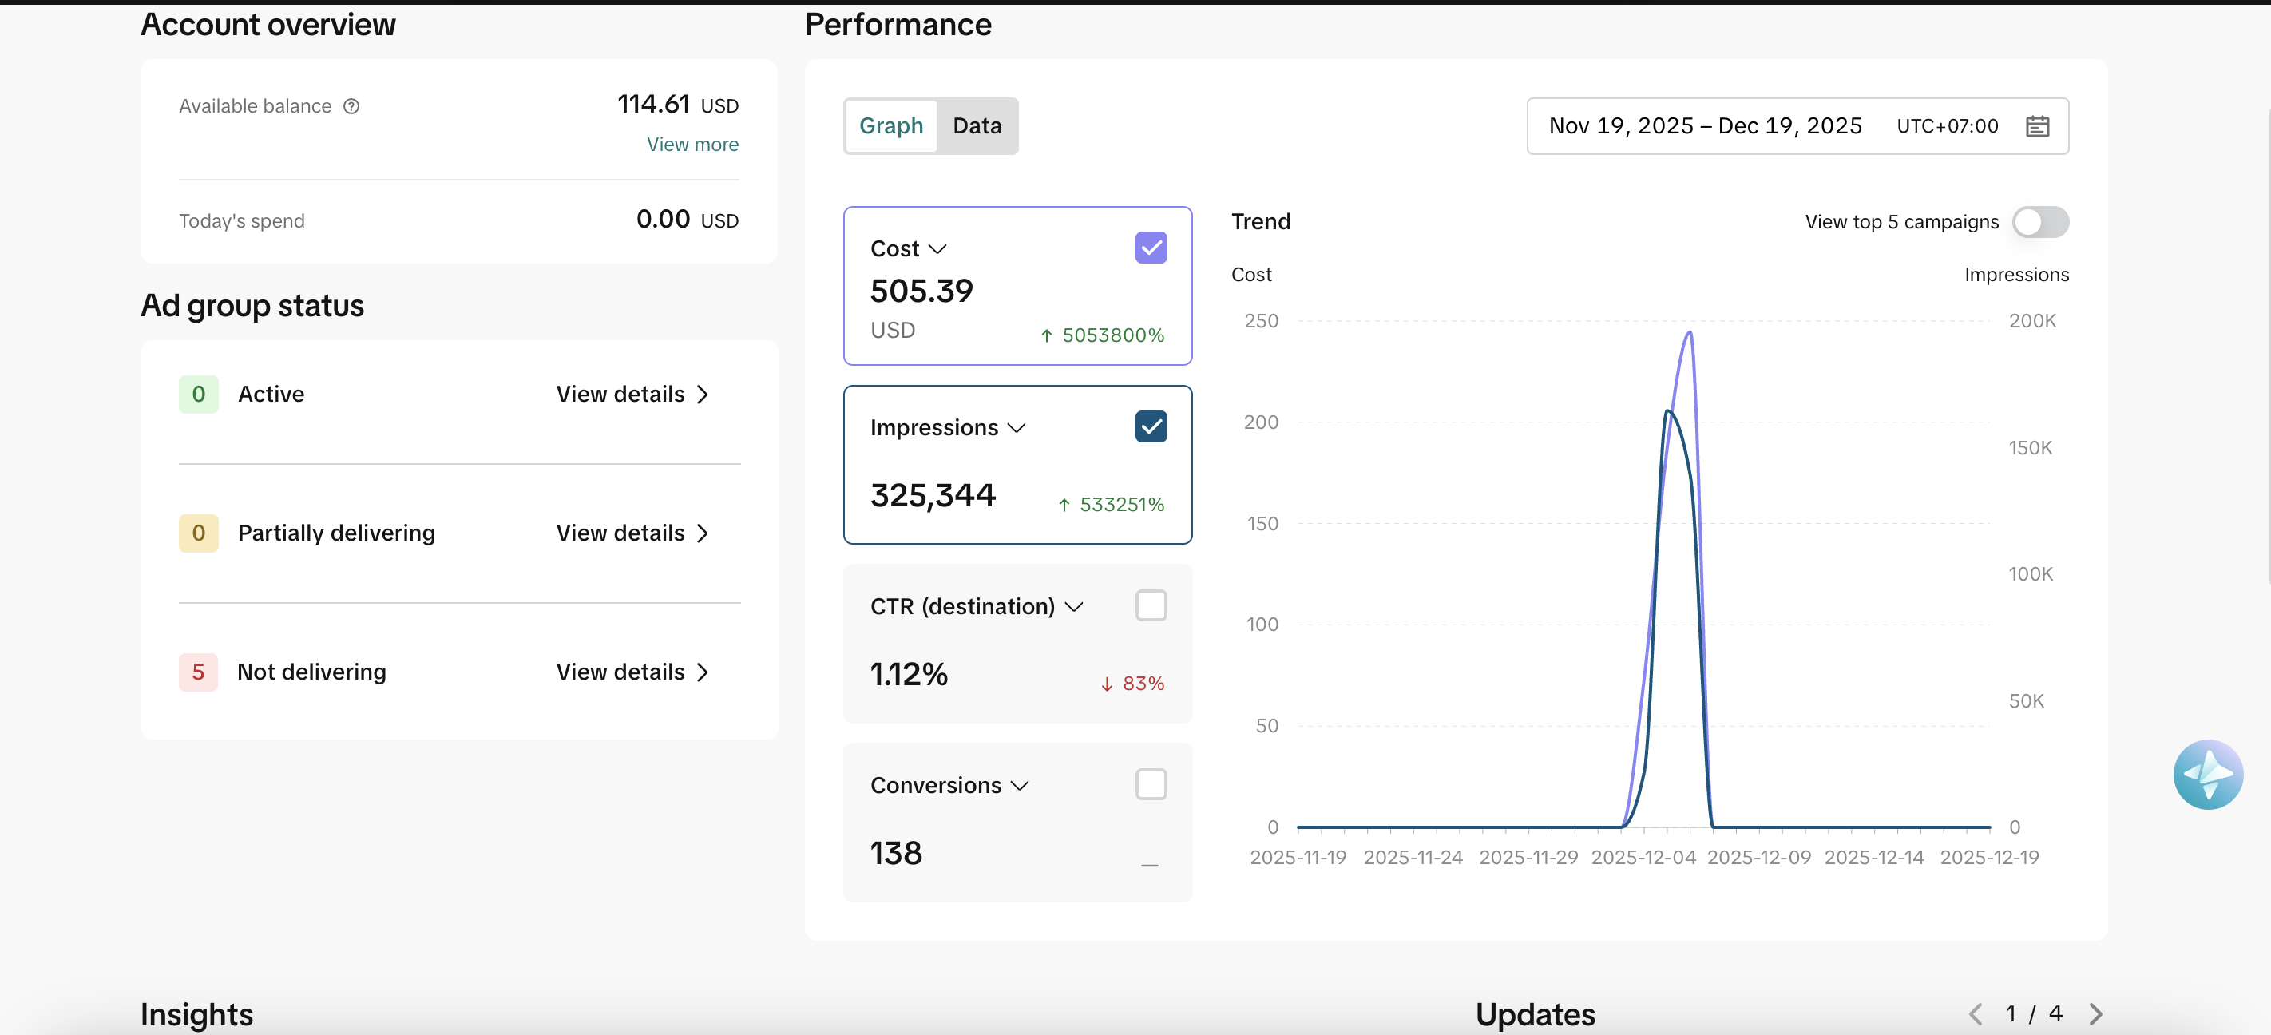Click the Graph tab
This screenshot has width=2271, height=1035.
point(891,126)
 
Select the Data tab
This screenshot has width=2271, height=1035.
point(977,126)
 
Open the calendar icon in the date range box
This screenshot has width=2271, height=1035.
point(2037,126)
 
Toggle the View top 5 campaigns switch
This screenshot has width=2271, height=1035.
point(2040,222)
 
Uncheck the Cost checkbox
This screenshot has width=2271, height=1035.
point(1151,248)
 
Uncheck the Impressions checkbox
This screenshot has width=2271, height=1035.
point(1151,426)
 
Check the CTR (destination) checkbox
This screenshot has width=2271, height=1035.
point(1151,605)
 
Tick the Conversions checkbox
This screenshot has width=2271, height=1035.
point(1151,784)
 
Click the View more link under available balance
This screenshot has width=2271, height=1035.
point(693,145)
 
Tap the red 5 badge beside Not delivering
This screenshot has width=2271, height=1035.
point(198,672)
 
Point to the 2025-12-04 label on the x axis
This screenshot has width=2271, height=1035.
point(1643,858)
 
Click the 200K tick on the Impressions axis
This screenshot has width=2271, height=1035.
point(2032,322)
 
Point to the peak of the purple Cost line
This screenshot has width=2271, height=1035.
point(1689,332)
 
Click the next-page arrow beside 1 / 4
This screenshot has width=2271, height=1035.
point(2096,1015)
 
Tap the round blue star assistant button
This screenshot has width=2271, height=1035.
point(2208,775)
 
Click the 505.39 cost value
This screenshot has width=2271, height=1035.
point(921,291)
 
